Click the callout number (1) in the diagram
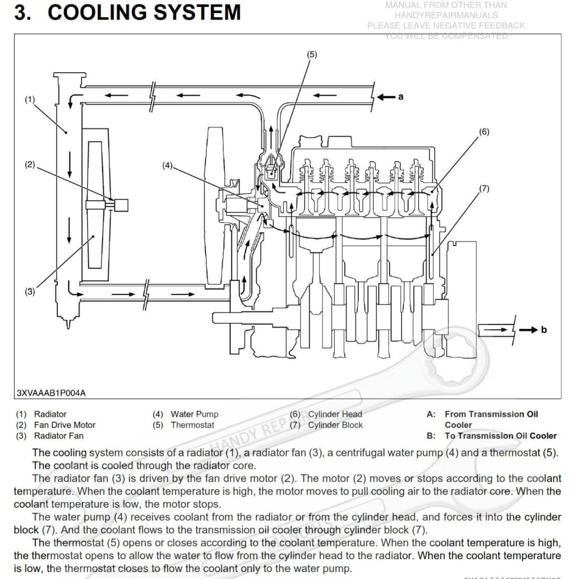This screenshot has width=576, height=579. [x=30, y=99]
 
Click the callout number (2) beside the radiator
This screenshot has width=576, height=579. [x=30, y=165]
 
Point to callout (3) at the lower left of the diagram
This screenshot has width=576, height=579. [x=30, y=292]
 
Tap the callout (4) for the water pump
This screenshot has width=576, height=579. [x=167, y=165]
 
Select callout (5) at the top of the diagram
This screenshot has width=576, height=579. [x=312, y=55]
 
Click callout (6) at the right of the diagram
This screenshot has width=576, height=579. [x=484, y=132]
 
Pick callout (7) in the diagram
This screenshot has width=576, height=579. [x=484, y=188]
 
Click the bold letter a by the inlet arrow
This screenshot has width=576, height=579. [x=401, y=97]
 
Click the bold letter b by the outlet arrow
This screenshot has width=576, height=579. [x=543, y=330]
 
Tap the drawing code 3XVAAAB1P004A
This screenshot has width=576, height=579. [x=51, y=393]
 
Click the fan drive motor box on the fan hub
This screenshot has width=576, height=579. [x=121, y=205]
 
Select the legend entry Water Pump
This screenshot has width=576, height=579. [x=194, y=414]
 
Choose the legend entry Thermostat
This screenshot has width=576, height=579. [x=192, y=425]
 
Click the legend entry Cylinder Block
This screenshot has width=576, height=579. [x=335, y=425]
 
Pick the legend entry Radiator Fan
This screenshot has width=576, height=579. [x=59, y=436]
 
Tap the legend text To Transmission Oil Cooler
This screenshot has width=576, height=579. [x=501, y=436]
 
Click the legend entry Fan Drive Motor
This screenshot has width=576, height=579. [x=65, y=425]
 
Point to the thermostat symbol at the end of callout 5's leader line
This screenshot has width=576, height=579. [x=273, y=171]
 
